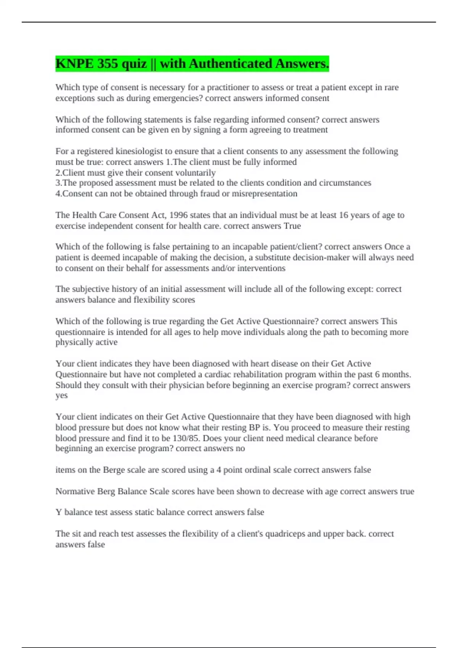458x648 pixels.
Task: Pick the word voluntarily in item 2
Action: tap(195, 173)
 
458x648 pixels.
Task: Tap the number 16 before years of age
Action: tap(343, 215)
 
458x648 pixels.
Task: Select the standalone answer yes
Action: tap(61, 395)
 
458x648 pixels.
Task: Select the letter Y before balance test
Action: tap(59, 512)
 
